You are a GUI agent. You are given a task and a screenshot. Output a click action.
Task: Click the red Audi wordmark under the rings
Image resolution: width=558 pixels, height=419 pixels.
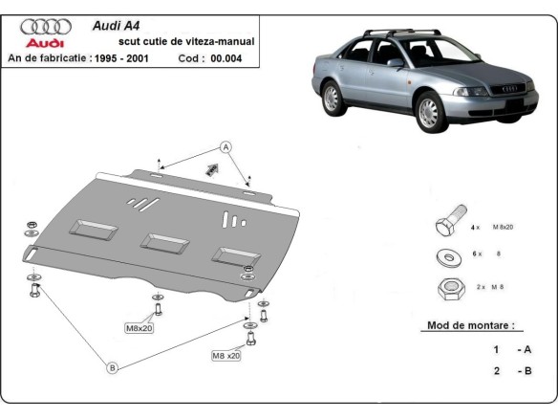point(44,44)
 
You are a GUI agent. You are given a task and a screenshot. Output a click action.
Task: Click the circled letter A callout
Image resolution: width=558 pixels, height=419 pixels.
point(226,146)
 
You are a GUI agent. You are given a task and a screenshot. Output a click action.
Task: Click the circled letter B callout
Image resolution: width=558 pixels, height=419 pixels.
point(112,367)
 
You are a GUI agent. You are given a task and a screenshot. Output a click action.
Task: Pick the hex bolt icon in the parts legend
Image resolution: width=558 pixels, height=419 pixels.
point(447,225)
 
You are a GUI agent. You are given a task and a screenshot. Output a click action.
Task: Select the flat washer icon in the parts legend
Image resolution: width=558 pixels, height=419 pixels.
point(446,255)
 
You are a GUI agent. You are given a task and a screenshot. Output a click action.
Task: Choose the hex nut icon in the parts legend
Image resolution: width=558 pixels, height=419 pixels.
point(445,286)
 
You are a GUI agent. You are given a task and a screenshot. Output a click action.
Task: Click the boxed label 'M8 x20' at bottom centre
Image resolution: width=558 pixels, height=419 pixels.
point(226,356)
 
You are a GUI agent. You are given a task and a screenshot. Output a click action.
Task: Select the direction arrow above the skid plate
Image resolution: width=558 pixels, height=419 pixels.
point(209,168)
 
